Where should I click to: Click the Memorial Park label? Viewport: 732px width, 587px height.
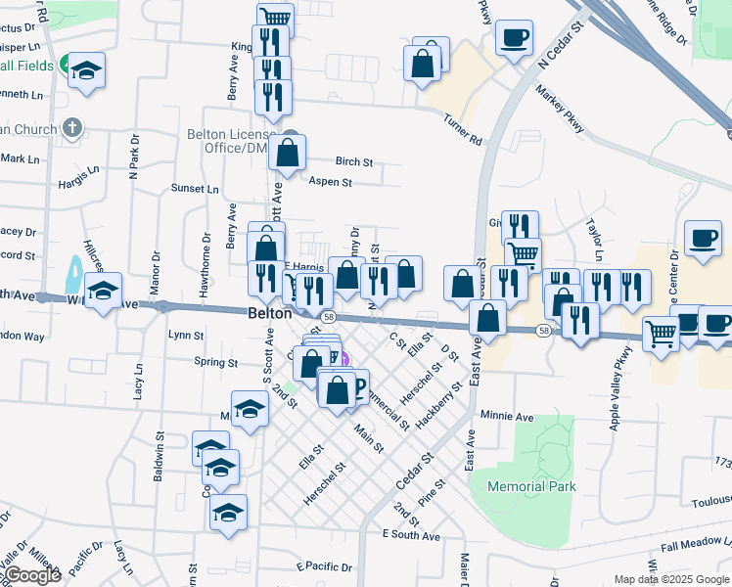point(531,486)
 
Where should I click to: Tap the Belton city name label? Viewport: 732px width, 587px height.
point(269,314)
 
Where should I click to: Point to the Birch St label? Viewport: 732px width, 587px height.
point(354,161)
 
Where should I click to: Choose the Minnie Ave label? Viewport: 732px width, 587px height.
point(507,416)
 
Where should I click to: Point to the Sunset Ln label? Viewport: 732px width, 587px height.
point(195,188)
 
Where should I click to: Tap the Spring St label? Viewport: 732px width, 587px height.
point(216,362)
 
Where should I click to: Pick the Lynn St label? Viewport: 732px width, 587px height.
point(185,335)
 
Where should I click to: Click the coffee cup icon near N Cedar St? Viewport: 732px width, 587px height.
point(514,39)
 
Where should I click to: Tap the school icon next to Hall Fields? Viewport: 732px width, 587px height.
point(87,70)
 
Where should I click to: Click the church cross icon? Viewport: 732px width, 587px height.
point(71,127)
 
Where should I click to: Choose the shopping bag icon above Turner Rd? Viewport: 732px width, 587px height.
point(423,65)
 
